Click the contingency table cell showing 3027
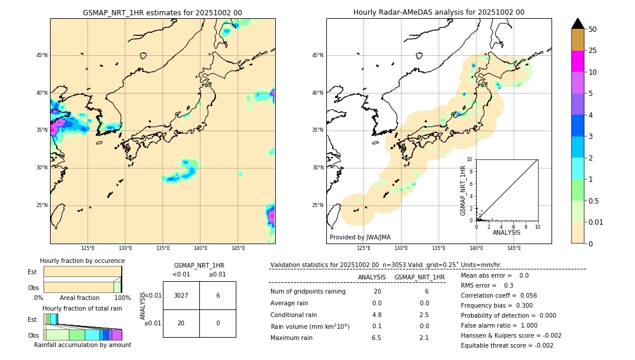pos(181,295)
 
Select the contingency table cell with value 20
pos(181,323)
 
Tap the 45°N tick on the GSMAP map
pos(42,55)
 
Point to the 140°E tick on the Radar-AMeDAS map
pos(477,248)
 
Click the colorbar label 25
pos(593,51)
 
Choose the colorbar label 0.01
pos(596,222)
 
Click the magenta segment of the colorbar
pos(577,61)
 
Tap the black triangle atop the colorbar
pos(577,24)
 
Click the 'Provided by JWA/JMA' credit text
pos(360,237)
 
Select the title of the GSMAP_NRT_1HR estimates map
pos(162,12)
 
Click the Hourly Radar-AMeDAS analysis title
pos(439,12)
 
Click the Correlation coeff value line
pos(499,295)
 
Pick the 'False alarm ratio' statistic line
pos(499,325)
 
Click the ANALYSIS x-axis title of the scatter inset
pos(506,232)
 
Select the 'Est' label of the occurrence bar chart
pos(32,272)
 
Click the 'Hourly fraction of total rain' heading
pos(82,308)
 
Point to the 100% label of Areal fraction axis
pos(122,298)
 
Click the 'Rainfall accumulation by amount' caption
pos(82,345)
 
